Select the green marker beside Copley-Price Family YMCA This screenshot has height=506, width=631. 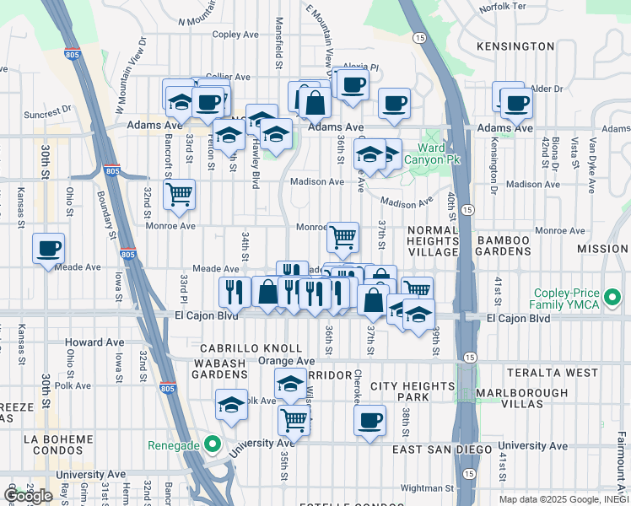click(612, 298)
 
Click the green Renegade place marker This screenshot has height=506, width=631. click(213, 444)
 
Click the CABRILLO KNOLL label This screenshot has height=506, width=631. click(251, 348)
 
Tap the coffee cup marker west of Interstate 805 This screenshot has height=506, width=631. click(49, 247)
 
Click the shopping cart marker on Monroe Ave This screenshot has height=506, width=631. click(342, 237)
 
